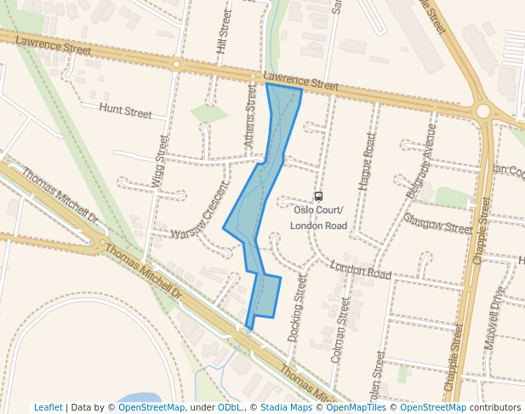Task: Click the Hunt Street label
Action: click(125, 111)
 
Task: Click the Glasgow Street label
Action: click(437, 223)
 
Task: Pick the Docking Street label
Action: click(297, 307)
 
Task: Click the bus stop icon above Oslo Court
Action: click(318, 196)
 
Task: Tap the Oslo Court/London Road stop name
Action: click(318, 218)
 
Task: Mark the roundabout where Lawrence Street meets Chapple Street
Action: click(483, 110)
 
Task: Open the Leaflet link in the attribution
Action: click(48, 407)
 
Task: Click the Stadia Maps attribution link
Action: click(286, 407)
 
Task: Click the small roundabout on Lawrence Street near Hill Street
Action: click(176, 64)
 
